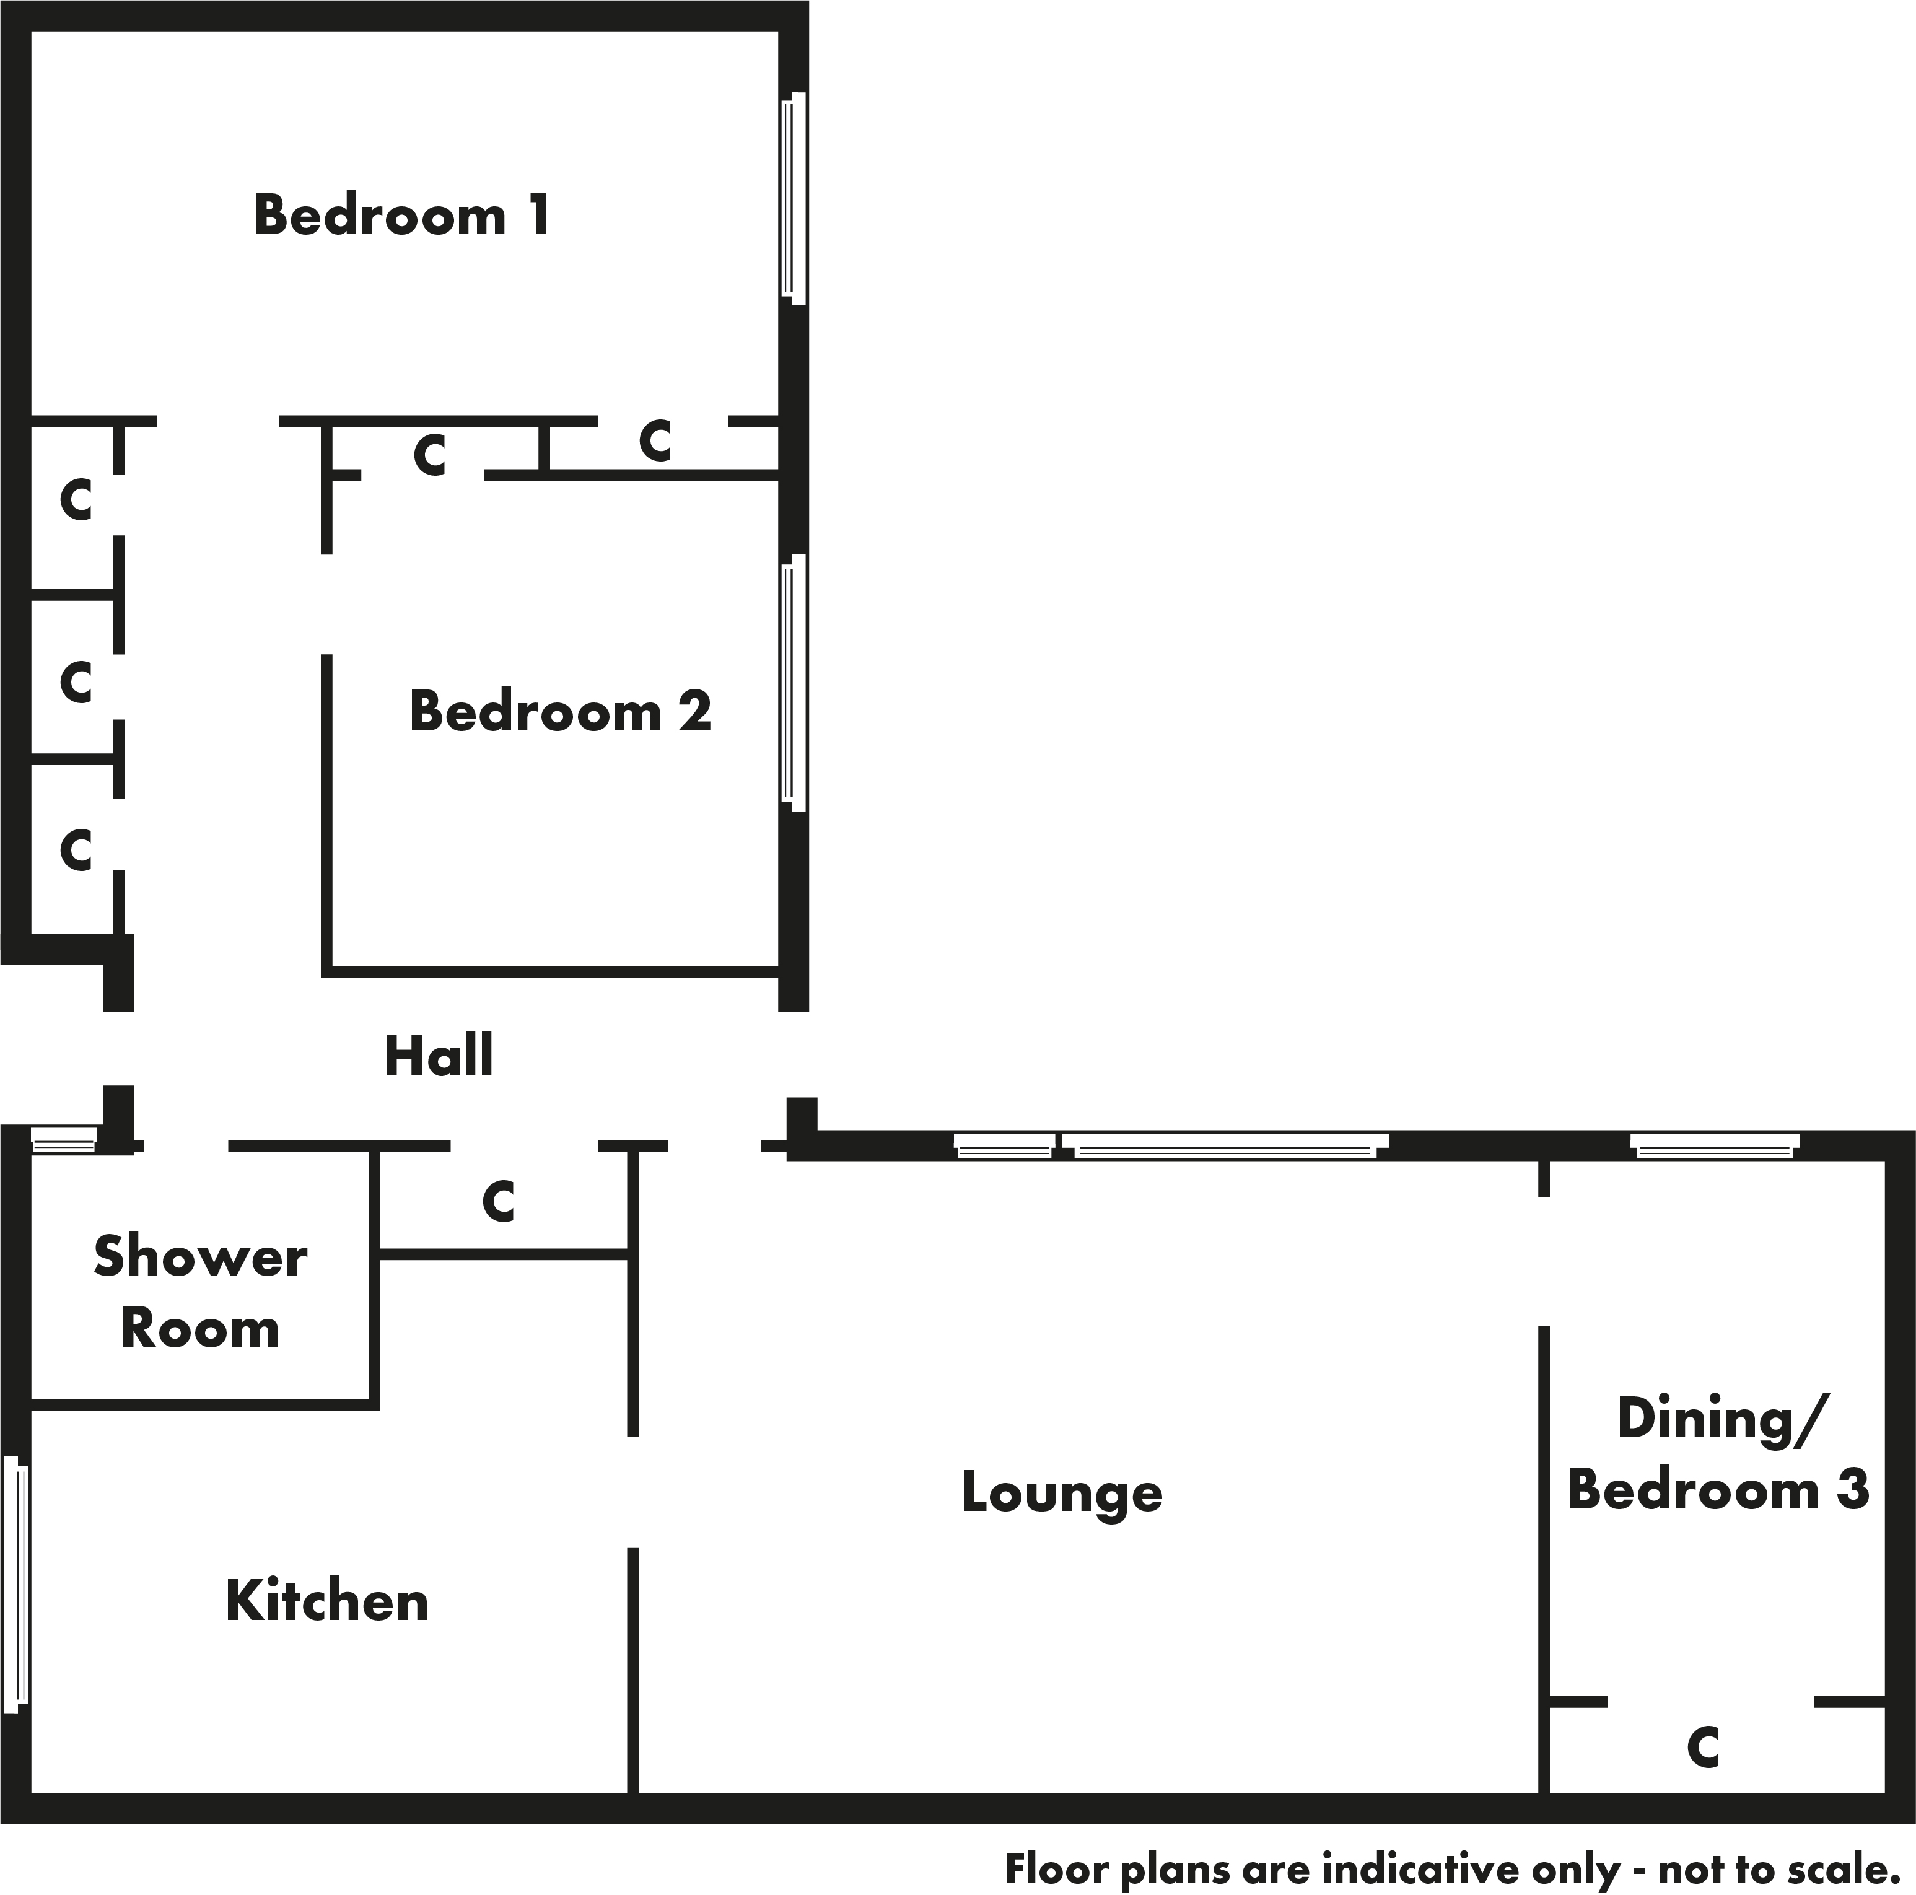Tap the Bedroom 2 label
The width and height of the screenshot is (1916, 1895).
point(561,711)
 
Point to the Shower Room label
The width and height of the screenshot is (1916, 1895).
point(200,1292)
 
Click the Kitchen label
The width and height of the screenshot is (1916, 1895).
point(327,1601)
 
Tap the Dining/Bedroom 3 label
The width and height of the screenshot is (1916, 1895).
point(1718,1455)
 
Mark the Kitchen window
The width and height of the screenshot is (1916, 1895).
point(16,1583)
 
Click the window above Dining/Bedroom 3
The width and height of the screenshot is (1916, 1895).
point(1715,1146)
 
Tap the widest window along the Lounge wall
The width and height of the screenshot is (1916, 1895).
point(1226,1146)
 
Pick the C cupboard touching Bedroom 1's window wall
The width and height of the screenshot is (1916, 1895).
point(655,441)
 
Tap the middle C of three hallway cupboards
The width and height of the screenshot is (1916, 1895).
point(76,681)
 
